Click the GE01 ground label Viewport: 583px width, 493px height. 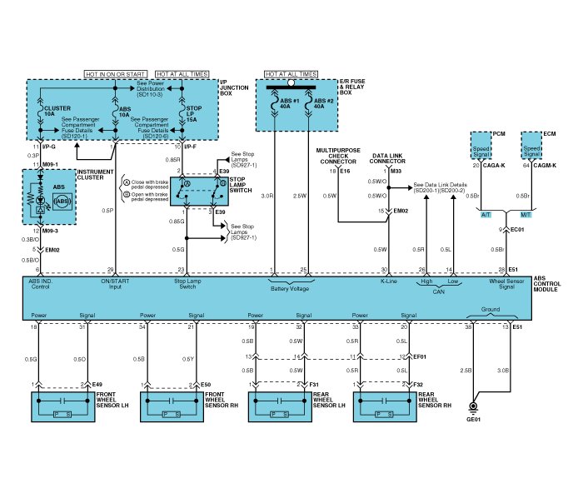coord(474,419)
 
